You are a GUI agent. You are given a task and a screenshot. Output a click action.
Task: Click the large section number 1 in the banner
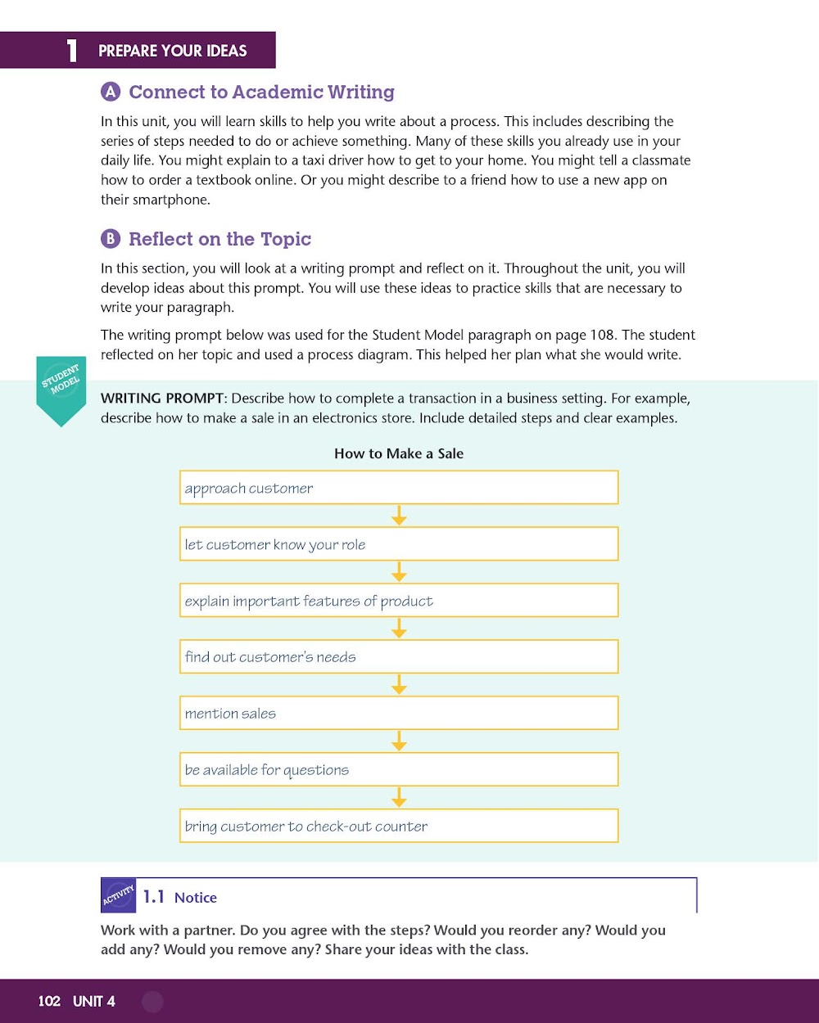coord(72,51)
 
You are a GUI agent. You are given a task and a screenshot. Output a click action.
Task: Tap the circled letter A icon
coord(111,92)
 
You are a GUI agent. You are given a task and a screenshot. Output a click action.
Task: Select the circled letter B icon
coord(111,239)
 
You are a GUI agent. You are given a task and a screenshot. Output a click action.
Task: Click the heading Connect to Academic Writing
coord(261,92)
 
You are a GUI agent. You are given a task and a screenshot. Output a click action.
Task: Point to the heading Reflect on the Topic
coord(219,239)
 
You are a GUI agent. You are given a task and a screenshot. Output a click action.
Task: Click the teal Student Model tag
coord(61,390)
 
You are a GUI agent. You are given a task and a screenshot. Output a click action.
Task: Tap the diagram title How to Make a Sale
coord(399,453)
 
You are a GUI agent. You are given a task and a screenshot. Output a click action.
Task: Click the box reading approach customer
coord(399,488)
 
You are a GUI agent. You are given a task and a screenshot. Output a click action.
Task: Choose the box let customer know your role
coord(399,544)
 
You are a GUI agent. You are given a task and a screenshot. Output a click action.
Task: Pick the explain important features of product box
coord(399,601)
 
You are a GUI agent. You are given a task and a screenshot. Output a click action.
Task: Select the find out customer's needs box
coord(399,656)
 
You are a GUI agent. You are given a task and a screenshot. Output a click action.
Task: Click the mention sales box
coord(399,713)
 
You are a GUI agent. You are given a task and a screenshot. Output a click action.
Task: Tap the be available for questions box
coord(399,769)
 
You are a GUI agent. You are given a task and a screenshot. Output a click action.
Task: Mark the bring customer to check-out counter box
coord(399,826)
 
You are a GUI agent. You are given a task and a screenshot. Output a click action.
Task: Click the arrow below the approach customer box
coord(399,516)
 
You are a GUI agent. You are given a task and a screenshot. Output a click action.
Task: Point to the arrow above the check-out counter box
coord(399,797)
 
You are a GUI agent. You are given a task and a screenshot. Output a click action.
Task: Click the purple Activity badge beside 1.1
coord(119,895)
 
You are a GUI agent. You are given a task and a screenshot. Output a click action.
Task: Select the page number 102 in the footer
coord(49,1001)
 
